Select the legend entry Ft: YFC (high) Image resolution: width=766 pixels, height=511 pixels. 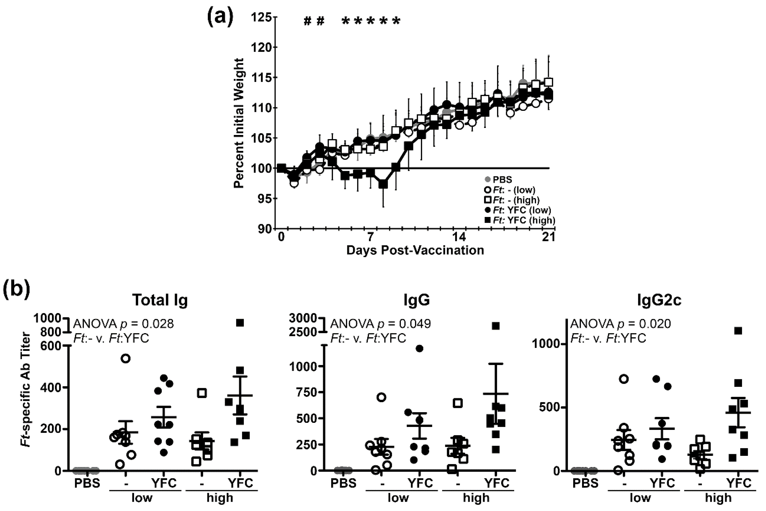pyautogui.click(x=520, y=220)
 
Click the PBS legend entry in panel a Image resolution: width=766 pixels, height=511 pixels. pyautogui.click(x=499, y=180)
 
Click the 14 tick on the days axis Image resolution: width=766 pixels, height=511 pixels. pyautogui.click(x=460, y=237)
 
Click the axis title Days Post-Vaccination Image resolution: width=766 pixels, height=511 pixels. pyautogui.click(x=415, y=250)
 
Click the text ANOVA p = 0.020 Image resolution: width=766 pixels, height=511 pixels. pyautogui.click(x=620, y=324)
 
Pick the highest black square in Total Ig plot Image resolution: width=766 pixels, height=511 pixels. pyautogui.click(x=240, y=323)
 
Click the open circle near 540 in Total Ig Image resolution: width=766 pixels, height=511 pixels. pyautogui.click(x=126, y=358)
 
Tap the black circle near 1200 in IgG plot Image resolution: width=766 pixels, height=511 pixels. pyautogui.click(x=420, y=348)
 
